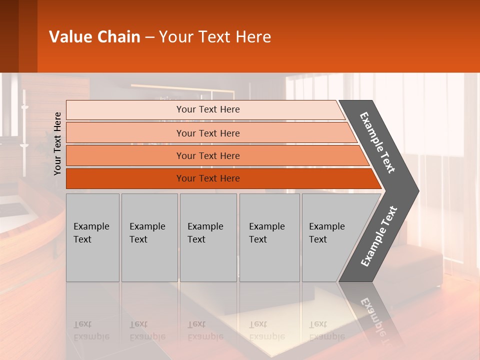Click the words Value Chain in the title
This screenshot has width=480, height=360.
(x=94, y=36)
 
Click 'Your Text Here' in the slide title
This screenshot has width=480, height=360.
(x=215, y=36)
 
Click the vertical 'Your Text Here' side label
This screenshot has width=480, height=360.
(x=57, y=143)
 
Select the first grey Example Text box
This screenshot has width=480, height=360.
(x=92, y=237)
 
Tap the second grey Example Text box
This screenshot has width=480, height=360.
(x=149, y=237)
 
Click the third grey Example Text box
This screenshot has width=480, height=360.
(x=208, y=237)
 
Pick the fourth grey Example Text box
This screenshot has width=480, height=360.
(x=269, y=237)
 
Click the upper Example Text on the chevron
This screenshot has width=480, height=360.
(x=377, y=142)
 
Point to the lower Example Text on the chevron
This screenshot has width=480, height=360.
(x=379, y=236)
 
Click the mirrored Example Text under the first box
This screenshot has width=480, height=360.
(x=91, y=330)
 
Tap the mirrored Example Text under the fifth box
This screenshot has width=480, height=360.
(x=327, y=330)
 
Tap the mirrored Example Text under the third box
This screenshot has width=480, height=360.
(x=205, y=330)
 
